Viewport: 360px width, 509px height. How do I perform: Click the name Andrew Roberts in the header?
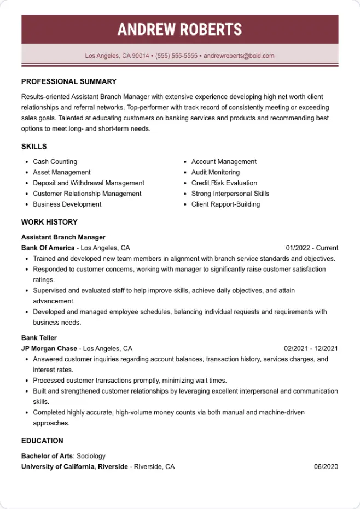click(x=179, y=30)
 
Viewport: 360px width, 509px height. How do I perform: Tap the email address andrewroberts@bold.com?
click(x=239, y=56)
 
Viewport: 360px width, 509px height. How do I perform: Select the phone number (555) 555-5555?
click(x=176, y=56)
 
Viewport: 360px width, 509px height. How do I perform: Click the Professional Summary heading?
click(x=69, y=81)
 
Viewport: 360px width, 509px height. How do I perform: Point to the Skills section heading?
click(x=34, y=147)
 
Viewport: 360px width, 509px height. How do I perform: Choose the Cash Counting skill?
click(x=55, y=162)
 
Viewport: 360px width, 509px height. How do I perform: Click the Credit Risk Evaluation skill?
click(x=224, y=183)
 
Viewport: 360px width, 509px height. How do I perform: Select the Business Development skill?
click(x=67, y=204)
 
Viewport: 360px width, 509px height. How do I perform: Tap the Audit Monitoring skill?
click(x=215, y=172)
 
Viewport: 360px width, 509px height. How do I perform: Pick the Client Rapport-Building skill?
click(x=225, y=204)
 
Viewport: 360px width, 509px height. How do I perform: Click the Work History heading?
click(x=49, y=222)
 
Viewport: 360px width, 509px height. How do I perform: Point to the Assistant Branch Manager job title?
click(x=63, y=237)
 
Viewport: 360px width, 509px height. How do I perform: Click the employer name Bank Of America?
click(x=48, y=248)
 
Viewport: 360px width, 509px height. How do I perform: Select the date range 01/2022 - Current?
click(x=312, y=248)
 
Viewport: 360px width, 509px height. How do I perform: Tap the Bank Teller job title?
click(x=39, y=338)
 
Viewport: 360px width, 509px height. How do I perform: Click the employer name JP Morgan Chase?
click(x=49, y=348)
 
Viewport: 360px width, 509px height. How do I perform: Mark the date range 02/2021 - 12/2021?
click(x=311, y=348)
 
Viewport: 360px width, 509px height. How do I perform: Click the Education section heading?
click(x=42, y=441)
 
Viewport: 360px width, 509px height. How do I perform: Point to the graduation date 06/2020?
click(x=326, y=467)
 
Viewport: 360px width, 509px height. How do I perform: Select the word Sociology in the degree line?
click(x=91, y=456)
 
